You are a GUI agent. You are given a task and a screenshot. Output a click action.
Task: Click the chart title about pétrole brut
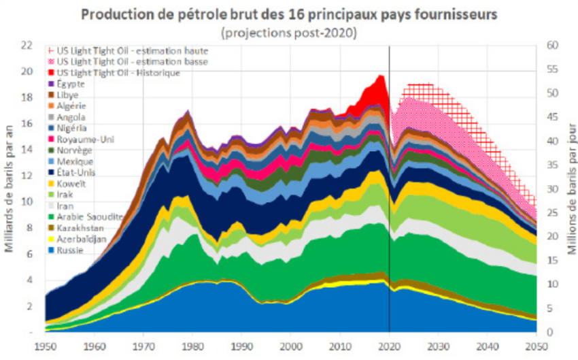[x=288, y=14]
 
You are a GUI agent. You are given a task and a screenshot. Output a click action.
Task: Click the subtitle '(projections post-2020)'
[x=288, y=31]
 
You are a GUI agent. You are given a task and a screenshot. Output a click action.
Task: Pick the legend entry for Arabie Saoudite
[x=89, y=216]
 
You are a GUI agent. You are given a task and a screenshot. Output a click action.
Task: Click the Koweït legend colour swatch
[x=52, y=183]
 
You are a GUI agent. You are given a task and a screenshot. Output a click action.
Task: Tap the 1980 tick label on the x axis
[x=192, y=345]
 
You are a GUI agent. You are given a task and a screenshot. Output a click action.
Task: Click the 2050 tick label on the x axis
[x=537, y=345]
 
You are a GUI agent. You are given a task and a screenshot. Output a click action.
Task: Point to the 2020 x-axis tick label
[x=389, y=345]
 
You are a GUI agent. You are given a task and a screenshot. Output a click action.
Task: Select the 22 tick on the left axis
[x=27, y=46]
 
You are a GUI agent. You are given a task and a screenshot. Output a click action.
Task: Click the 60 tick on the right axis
[x=551, y=46]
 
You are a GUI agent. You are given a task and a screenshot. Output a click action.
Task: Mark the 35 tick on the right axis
[x=551, y=165]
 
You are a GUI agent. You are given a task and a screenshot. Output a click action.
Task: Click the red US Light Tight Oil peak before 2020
[x=375, y=88]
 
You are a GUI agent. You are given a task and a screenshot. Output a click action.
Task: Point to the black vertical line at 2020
[x=389, y=204]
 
